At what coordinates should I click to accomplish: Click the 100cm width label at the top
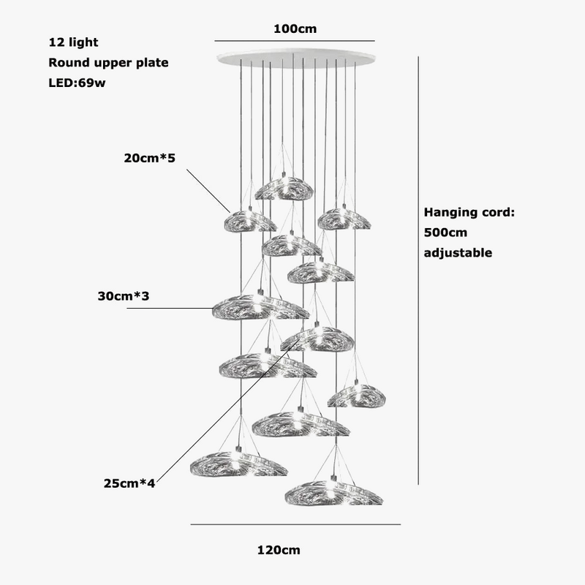[295, 29]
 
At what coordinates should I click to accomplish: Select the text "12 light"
[73, 43]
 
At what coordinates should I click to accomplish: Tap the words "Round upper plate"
[108, 63]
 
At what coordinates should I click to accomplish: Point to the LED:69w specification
[78, 83]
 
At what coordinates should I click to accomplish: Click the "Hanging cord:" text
[470, 213]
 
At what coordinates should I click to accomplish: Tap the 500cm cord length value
[445, 233]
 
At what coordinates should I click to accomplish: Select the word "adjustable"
[458, 253]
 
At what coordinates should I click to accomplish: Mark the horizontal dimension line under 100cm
[295, 41]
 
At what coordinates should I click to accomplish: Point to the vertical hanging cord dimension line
[418, 271]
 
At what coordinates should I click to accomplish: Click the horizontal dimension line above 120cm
[295, 524]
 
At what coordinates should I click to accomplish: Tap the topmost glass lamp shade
[284, 189]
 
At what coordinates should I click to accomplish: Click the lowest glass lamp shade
[333, 492]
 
